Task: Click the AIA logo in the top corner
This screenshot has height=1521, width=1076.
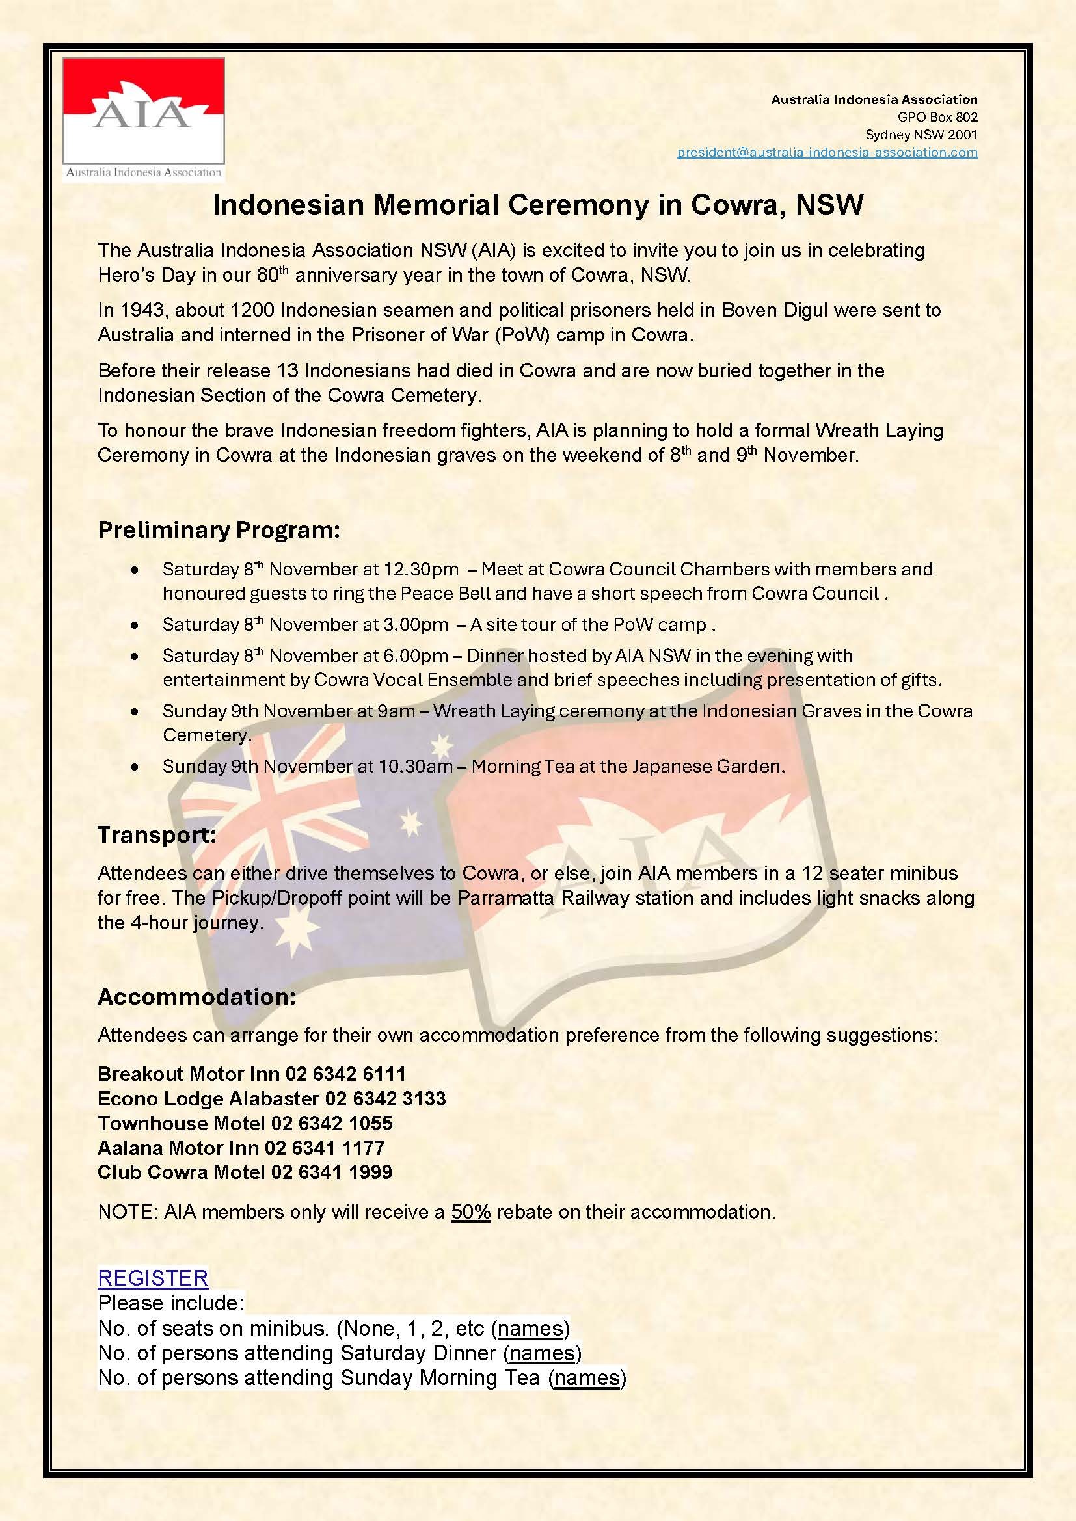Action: pos(144,119)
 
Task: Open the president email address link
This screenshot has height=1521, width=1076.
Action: pos(827,152)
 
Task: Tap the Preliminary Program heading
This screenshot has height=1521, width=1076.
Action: pos(219,530)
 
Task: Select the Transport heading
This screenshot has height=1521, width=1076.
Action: pos(157,835)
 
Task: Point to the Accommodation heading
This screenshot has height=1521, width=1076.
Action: pos(196,996)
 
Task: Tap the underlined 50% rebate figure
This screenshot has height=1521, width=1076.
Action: pos(470,1211)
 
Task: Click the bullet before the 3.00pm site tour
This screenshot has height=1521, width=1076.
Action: pos(135,625)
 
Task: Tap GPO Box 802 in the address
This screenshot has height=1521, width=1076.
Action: pos(937,117)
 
